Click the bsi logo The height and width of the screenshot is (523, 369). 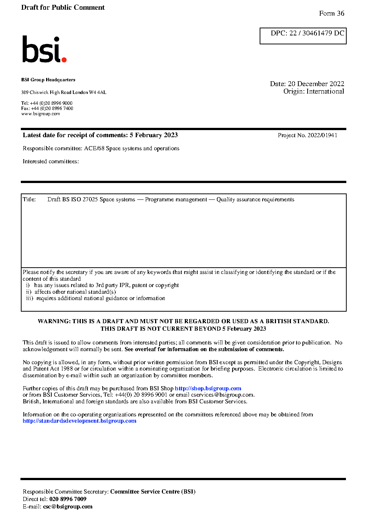(x=44, y=49)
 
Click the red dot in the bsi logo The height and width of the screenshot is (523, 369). (x=64, y=59)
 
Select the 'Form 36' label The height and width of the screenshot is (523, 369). (x=331, y=13)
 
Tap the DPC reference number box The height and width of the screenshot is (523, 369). (x=303, y=36)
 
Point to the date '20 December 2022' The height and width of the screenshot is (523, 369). (x=316, y=84)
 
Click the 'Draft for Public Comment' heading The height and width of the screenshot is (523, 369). (x=63, y=7)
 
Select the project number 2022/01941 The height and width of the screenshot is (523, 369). (x=322, y=135)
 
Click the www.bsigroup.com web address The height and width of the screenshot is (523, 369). (x=41, y=114)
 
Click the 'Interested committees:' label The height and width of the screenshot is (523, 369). (x=51, y=161)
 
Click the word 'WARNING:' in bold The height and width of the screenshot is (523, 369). (x=54, y=321)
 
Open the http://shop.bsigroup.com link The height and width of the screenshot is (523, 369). (x=208, y=388)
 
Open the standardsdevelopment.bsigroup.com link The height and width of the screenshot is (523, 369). (x=79, y=421)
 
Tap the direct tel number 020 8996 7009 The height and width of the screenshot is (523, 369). (x=68, y=499)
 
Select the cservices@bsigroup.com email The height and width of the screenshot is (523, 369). (x=222, y=395)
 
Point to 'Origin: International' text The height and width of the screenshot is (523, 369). (x=314, y=91)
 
